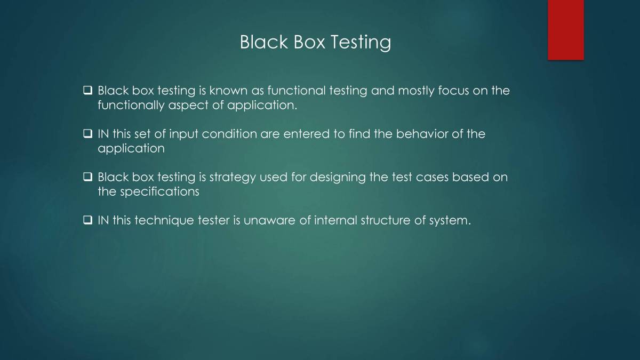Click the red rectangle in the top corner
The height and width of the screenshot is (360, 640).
point(565,30)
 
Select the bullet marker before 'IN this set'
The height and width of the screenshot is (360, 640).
point(88,134)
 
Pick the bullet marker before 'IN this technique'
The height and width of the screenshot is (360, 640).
point(88,220)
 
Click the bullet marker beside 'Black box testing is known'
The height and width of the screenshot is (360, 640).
point(88,91)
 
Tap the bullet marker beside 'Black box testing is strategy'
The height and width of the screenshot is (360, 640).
point(88,177)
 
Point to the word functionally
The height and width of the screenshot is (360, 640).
point(131,105)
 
